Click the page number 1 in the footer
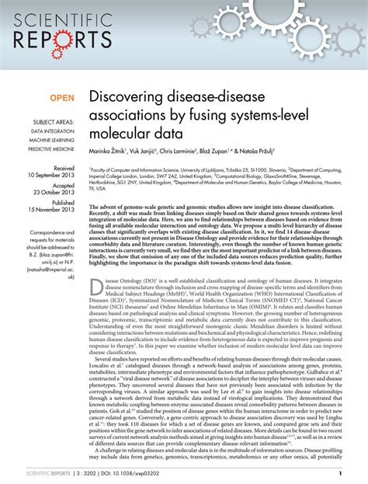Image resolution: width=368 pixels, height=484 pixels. point(342,473)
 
